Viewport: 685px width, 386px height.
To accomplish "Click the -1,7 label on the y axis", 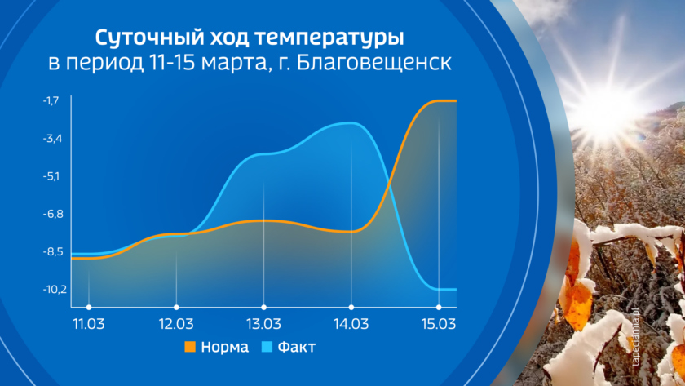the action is (51, 101).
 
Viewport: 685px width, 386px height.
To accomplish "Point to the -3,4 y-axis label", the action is (52, 139).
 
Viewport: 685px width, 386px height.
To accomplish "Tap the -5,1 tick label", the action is (51, 176).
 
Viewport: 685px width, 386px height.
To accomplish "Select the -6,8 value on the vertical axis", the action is (53, 214).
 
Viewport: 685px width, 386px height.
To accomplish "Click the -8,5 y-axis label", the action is (53, 252).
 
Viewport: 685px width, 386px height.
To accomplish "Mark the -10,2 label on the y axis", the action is (55, 290).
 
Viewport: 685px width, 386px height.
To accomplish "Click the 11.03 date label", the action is (89, 324).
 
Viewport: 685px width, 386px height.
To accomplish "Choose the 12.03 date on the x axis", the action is (176, 324).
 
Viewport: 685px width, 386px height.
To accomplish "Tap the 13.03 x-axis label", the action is (263, 324).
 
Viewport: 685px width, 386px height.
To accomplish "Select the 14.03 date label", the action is (351, 324).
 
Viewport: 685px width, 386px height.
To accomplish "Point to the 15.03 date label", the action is (439, 324).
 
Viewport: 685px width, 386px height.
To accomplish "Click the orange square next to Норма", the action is (190, 347).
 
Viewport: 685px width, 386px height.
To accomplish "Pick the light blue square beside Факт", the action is (267, 347).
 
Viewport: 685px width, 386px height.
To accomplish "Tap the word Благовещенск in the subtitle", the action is (374, 63).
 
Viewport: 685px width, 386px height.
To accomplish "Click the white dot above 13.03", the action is (263, 308).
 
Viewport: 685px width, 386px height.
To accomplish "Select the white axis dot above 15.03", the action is (439, 308).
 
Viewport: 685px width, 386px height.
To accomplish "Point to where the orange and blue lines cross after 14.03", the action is (388, 187).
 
